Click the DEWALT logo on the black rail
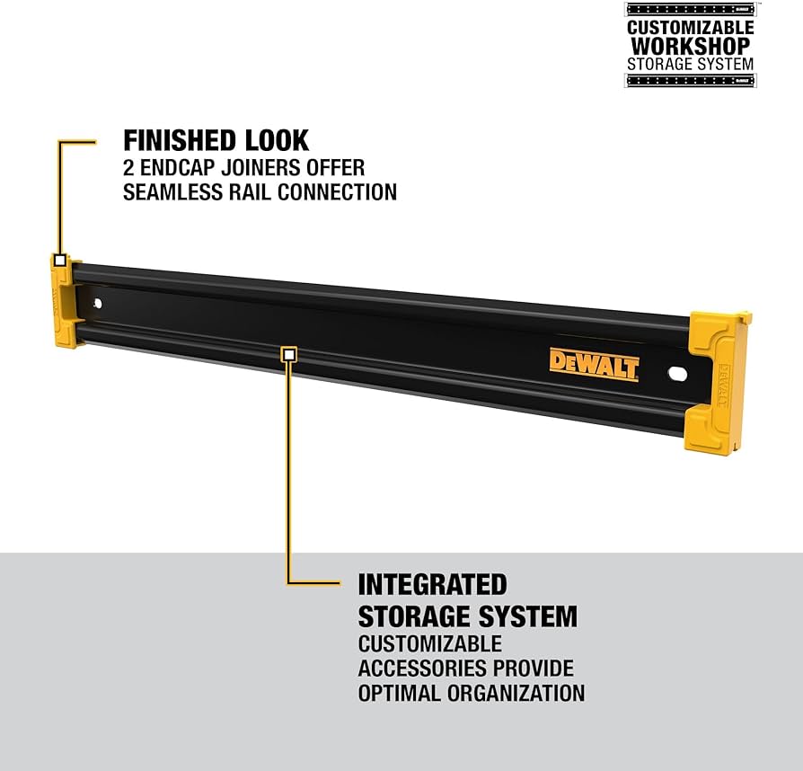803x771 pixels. [594, 364]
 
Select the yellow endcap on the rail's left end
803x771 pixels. [63, 302]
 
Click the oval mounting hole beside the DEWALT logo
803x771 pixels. [674, 372]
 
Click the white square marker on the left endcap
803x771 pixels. [59, 261]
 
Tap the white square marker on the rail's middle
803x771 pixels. [288, 354]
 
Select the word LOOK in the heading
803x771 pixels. [277, 140]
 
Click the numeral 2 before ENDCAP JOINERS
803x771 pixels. [129, 167]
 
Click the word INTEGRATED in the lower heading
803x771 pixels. [432, 585]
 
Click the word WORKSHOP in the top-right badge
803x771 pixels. [690, 45]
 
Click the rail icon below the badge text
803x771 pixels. [690, 81]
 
